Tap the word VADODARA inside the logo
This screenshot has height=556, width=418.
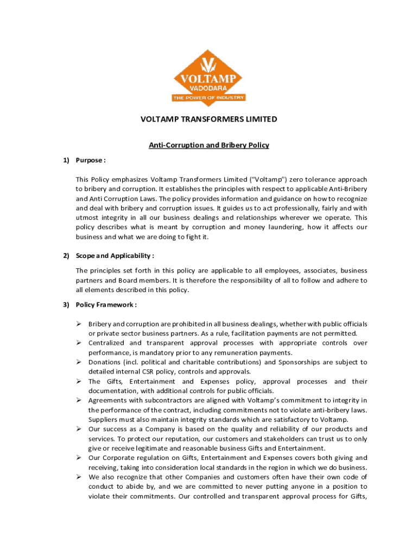(x=209, y=87)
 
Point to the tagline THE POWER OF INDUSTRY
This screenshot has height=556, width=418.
(x=209, y=98)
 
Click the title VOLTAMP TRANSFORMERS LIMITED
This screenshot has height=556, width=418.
(x=209, y=119)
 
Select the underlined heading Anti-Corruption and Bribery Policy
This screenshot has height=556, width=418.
(x=209, y=145)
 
